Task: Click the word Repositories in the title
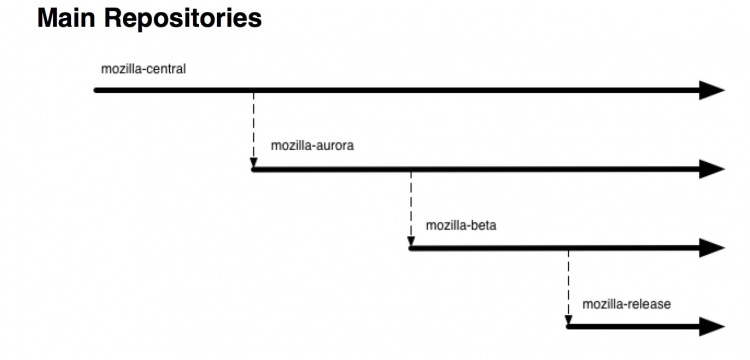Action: tap(183, 19)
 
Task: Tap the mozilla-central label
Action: tap(143, 69)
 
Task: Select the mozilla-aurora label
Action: tap(312, 145)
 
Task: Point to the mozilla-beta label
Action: tap(461, 225)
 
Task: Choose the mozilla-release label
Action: tap(627, 304)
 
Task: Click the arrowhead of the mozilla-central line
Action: tap(712, 90)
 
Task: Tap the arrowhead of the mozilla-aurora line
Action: tap(712, 169)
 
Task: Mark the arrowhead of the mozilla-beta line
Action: tap(712, 248)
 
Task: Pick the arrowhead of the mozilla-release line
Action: tap(712, 327)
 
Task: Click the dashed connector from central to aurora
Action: tap(254, 129)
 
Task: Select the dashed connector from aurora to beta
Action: tap(411, 208)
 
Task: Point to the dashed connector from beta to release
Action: tap(568, 287)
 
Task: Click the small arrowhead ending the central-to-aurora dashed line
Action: tap(254, 163)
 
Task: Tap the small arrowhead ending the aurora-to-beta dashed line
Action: tap(411, 242)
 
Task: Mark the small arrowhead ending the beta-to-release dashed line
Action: tap(568, 321)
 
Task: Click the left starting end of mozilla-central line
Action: tap(96, 90)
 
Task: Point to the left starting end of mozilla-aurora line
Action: tap(254, 169)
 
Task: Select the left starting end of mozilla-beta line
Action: tap(411, 248)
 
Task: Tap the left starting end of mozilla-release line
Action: tap(569, 327)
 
